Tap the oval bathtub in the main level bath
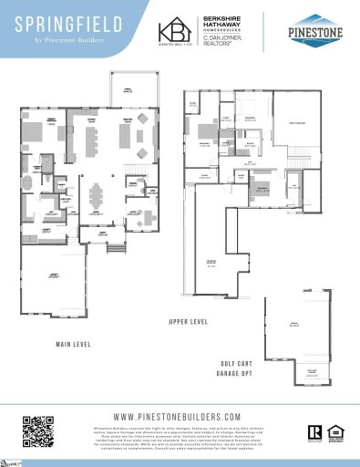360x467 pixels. [x=29, y=182]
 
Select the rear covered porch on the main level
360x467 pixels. [x=121, y=89]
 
